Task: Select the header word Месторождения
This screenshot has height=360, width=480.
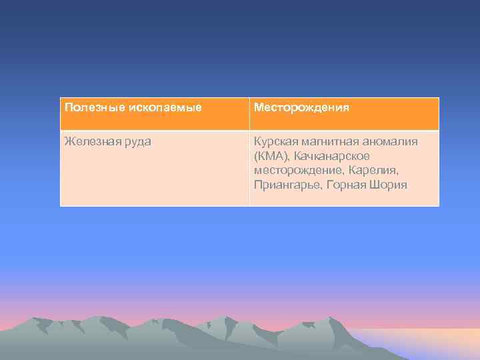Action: (x=301, y=107)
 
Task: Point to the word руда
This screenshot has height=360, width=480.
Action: (x=136, y=141)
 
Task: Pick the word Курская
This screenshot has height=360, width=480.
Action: (x=275, y=141)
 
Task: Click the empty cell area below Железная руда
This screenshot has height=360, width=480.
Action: (x=153, y=180)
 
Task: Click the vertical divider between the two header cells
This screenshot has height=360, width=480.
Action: (x=249, y=113)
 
